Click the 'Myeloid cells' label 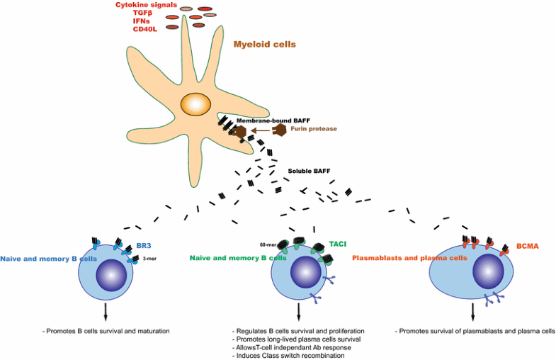click(264, 44)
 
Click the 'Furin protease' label click(313, 128)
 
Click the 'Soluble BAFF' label click(310, 171)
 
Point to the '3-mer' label click(149, 259)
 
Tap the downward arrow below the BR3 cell click(106, 311)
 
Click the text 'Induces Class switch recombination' click(288, 355)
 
